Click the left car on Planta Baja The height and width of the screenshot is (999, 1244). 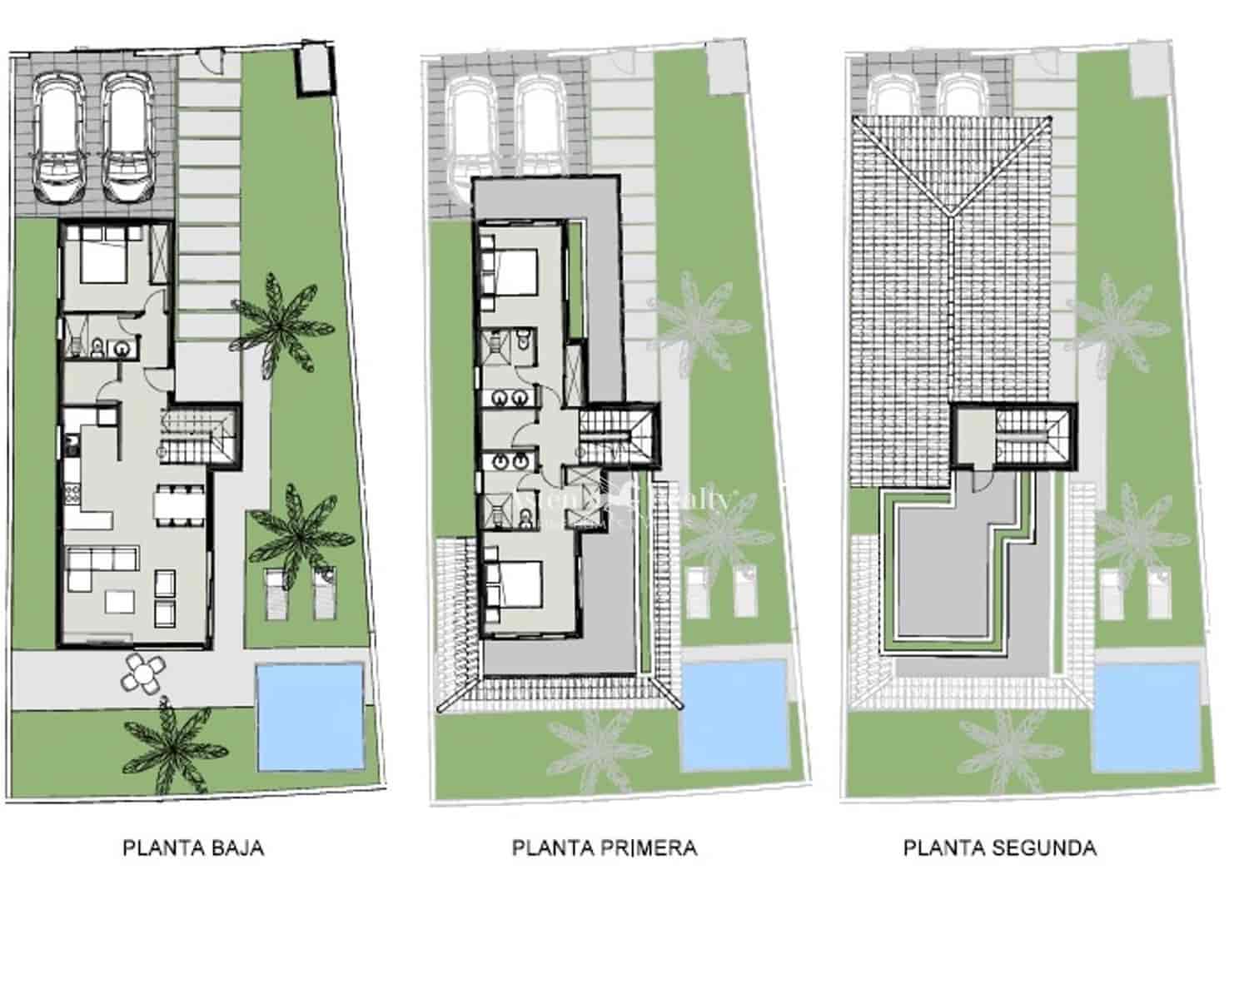[x=59, y=138]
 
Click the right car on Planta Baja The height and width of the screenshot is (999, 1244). [x=127, y=138]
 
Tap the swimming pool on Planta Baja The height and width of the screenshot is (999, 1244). [x=310, y=716]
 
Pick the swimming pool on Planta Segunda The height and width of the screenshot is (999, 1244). [x=1146, y=717]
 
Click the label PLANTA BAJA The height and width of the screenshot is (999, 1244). [x=193, y=848]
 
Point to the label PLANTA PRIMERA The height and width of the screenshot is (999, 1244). [x=604, y=848]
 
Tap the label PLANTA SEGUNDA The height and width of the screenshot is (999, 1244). [x=999, y=848]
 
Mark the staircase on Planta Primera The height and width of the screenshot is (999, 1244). [x=616, y=433]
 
